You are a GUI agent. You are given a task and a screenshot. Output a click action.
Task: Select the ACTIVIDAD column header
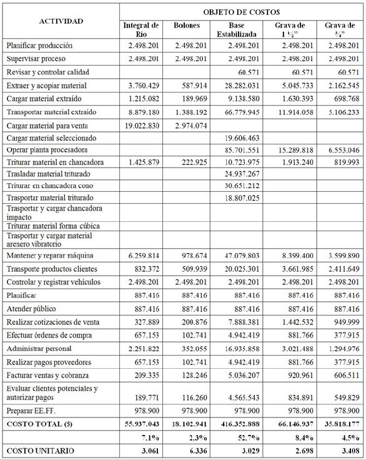(61, 21)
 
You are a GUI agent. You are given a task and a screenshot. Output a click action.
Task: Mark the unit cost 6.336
(195, 451)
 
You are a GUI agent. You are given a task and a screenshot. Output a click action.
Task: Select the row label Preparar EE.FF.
(33, 411)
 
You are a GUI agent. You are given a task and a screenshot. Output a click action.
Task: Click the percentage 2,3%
(197, 437)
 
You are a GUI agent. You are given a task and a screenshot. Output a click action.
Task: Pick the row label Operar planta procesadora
(48, 151)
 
